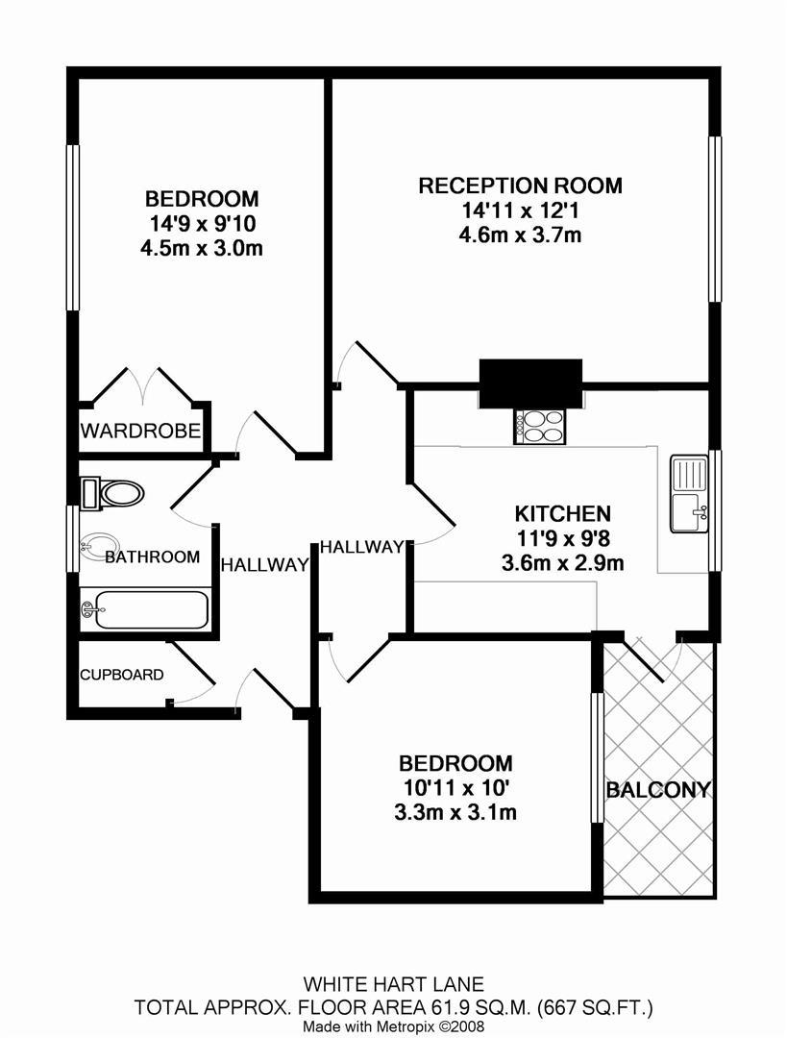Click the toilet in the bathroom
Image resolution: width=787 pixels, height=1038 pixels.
pos(112,493)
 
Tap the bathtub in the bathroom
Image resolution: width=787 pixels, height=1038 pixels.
pos(145,609)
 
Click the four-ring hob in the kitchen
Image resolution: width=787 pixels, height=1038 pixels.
pos(539,427)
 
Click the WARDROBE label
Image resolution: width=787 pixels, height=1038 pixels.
pos(140,431)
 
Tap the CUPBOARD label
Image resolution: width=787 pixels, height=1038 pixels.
pos(122,675)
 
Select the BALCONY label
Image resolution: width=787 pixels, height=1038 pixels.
pos(658,789)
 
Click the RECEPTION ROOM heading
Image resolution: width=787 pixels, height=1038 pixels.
pos(520,185)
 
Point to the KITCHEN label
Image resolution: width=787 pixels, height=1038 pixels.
pos(562,513)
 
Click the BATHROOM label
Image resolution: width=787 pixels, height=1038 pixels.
pos(152,556)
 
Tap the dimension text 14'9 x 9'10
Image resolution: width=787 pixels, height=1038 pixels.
pos(201,224)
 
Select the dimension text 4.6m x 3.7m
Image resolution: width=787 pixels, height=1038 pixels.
pos(520,235)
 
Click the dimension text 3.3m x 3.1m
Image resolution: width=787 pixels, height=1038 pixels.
pos(455,811)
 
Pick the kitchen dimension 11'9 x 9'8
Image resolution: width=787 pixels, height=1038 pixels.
pos(562,538)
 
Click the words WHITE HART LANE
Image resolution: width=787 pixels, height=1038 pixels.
pos(394,984)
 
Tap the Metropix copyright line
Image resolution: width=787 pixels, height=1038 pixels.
pos(394,1026)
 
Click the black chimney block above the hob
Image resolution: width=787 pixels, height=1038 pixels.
pos(530,383)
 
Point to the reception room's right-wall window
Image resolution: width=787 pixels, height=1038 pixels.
pos(715,219)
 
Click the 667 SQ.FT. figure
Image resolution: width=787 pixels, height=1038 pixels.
pos(595,1007)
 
